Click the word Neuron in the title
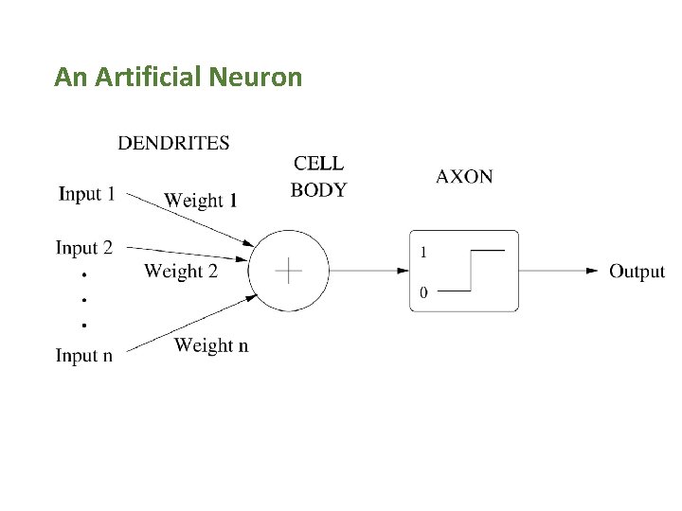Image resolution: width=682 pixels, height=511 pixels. [x=257, y=77]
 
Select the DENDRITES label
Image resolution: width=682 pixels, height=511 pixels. [x=173, y=144]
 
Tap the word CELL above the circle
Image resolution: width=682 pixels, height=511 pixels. [x=318, y=164]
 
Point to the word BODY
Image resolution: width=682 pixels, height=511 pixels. [x=318, y=190]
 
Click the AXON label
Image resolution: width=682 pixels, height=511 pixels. [x=464, y=176]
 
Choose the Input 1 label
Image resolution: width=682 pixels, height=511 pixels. [x=86, y=194]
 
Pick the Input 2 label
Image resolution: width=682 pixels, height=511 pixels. [x=83, y=248]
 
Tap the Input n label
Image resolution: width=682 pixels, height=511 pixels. [x=83, y=356]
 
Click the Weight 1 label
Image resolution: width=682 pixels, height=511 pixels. [x=201, y=200]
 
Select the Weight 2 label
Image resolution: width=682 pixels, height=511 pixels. [x=181, y=272]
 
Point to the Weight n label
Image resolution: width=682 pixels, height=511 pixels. [x=211, y=345]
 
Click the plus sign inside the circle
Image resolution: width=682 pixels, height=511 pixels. [x=288, y=271]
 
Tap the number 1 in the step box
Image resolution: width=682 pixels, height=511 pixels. [x=423, y=252]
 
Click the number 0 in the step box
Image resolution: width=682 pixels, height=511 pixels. [x=423, y=292]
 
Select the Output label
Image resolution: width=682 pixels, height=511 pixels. [x=637, y=272]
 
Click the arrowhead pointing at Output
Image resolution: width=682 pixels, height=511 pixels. [x=592, y=272]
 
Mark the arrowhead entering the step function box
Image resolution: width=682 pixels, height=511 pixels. [x=403, y=271]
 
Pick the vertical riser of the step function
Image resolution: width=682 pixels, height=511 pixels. [x=471, y=271]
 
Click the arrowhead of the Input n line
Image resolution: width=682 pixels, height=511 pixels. [x=252, y=295]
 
